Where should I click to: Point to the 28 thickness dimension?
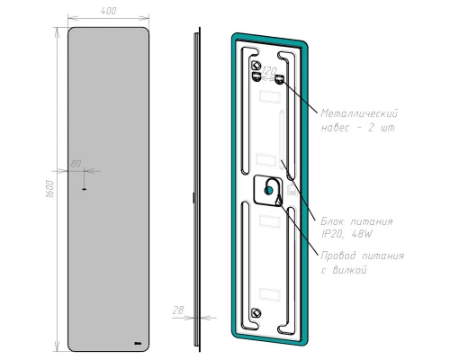pyautogui.click(x=178, y=310)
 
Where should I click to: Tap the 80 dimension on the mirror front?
pyautogui.click(x=76, y=164)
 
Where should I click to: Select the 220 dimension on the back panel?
pyautogui.click(x=268, y=70)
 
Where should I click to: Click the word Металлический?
pyautogui.click(x=359, y=114)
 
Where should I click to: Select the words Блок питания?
pyautogui.click(x=353, y=219)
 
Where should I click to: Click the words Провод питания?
pyautogui.click(x=362, y=256)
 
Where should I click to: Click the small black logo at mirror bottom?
pyautogui.click(x=136, y=343)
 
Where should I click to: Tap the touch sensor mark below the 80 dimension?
pyautogui.click(x=82, y=189)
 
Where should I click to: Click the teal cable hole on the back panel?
pyautogui.click(x=270, y=190)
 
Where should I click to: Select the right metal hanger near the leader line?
pyautogui.click(x=282, y=79)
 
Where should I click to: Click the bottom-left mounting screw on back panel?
pyautogui.click(x=256, y=312)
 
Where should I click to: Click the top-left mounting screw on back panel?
pyautogui.click(x=256, y=66)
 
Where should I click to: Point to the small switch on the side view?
pyautogui.click(x=193, y=197)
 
